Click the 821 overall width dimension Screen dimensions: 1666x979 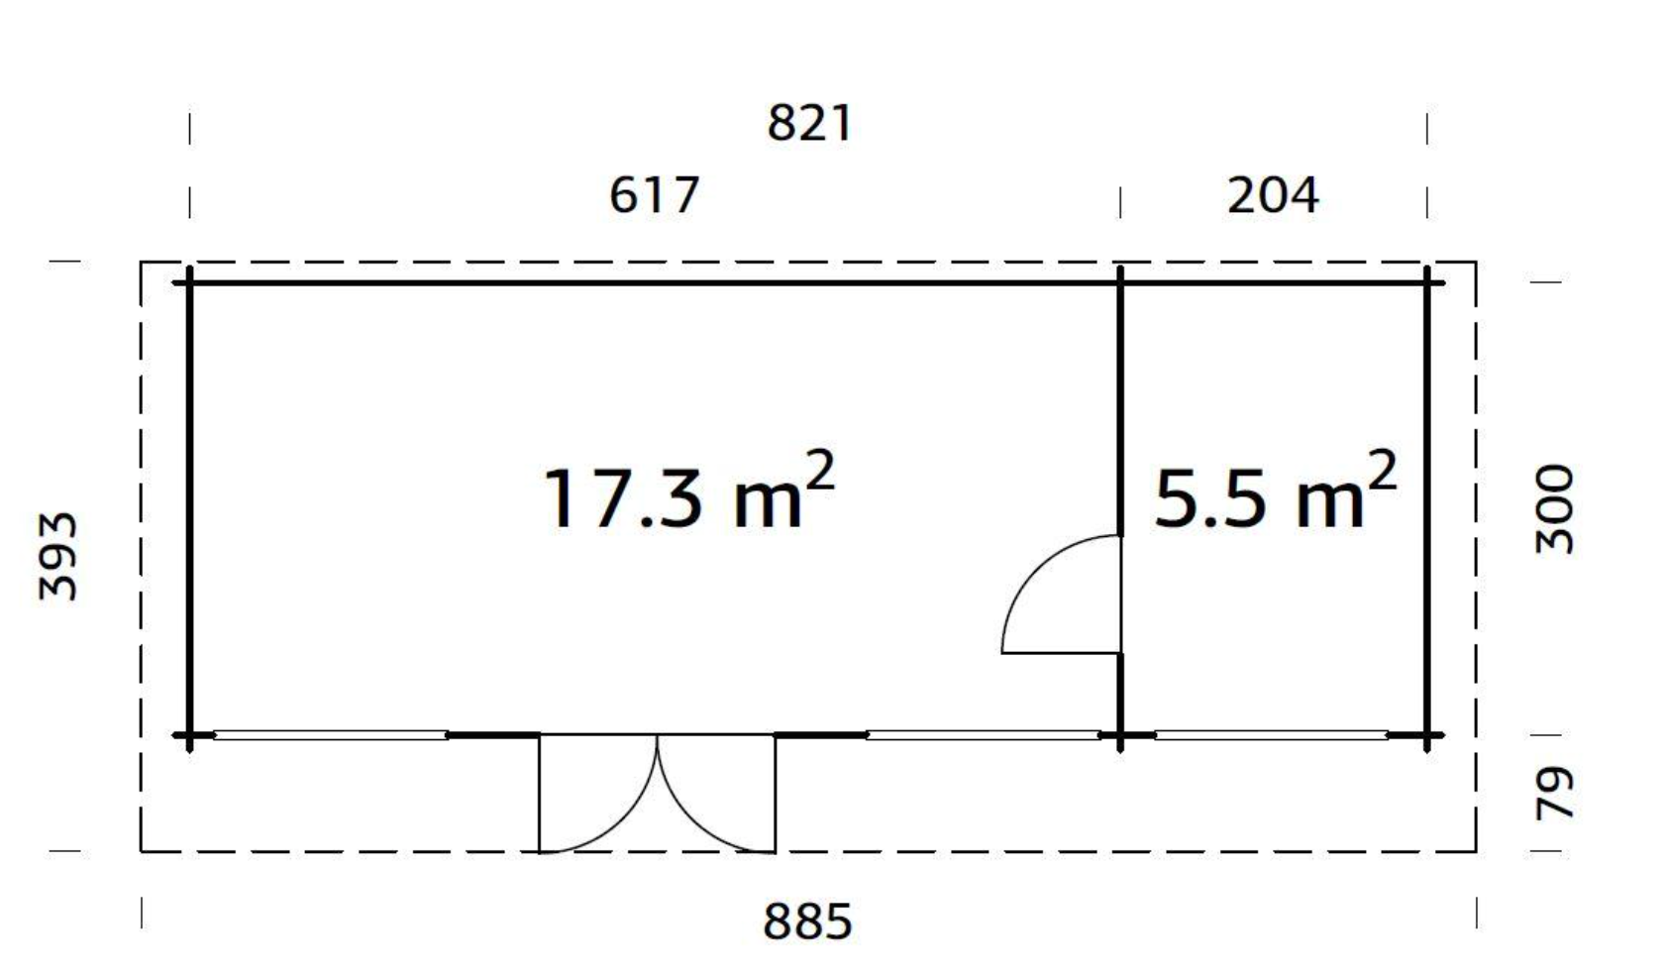click(x=809, y=124)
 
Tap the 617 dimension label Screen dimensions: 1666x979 click(x=655, y=195)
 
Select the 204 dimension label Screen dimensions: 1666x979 click(x=1273, y=195)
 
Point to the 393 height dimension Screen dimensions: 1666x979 click(x=57, y=556)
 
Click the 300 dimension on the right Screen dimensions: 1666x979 click(x=1554, y=509)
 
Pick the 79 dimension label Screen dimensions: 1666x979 click(x=1554, y=794)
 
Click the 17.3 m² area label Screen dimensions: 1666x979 click(x=689, y=492)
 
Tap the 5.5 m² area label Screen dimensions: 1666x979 click(x=1276, y=492)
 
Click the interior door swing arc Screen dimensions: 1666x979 click(x=1037, y=569)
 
